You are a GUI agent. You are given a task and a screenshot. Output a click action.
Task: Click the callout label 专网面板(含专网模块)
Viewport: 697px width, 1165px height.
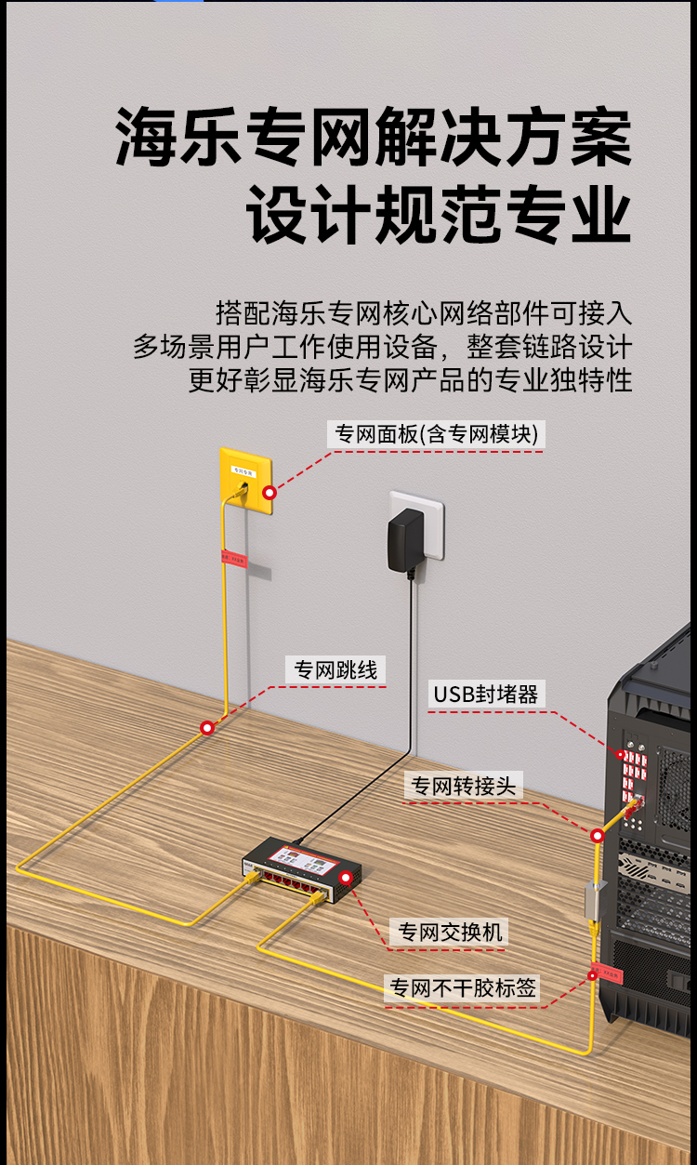pyautogui.click(x=436, y=434)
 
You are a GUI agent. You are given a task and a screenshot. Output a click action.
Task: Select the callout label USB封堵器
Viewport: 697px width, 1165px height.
pyautogui.click(x=485, y=694)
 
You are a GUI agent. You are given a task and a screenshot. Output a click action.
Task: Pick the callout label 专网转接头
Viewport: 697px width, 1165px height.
pyautogui.click(x=463, y=786)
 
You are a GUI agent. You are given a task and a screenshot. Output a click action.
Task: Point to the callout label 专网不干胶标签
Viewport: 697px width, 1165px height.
pyautogui.click(x=463, y=988)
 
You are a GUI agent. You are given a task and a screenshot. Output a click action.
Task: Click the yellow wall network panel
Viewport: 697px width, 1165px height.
pyautogui.click(x=245, y=481)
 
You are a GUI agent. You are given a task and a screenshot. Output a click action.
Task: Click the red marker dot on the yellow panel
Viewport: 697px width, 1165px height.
pyautogui.click(x=270, y=492)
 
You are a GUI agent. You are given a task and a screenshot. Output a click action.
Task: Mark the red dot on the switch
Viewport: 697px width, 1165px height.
pyautogui.click(x=346, y=877)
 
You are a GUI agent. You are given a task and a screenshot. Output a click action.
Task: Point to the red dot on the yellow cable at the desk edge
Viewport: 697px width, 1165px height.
pyautogui.click(x=207, y=727)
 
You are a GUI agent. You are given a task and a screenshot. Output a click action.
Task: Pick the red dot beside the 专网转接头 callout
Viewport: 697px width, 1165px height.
pyautogui.click(x=598, y=836)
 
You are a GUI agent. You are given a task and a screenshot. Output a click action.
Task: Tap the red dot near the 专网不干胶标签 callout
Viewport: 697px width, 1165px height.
pyautogui.click(x=591, y=974)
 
